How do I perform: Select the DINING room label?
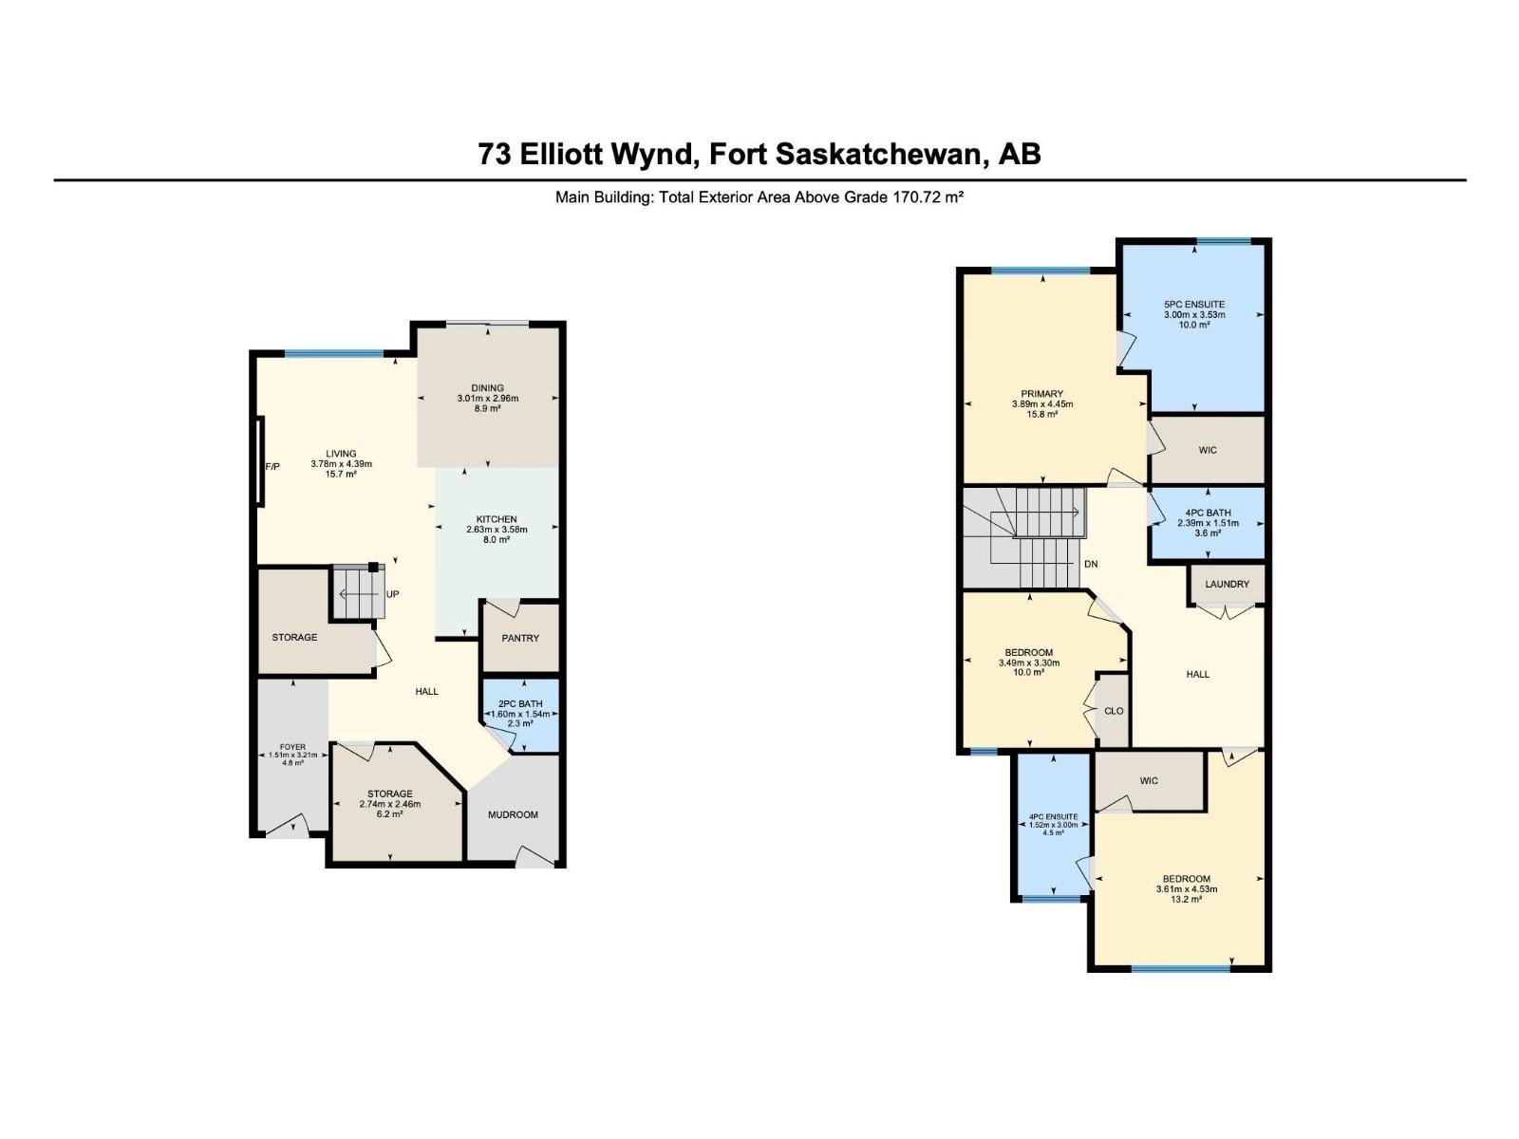click(x=487, y=387)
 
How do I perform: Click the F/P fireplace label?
click(x=272, y=466)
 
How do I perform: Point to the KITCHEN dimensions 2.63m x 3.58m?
click(x=497, y=530)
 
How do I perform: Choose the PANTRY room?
click(x=520, y=638)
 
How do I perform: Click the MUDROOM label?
click(x=513, y=814)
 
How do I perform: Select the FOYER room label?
click(x=292, y=747)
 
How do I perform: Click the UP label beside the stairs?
click(x=392, y=594)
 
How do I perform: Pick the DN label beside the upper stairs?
click(x=1091, y=564)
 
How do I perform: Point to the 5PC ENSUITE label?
click(x=1194, y=305)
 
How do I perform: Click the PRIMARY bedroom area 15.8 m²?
click(x=1042, y=414)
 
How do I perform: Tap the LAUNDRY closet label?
click(x=1228, y=584)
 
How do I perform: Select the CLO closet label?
click(x=1114, y=711)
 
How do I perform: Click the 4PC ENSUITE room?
click(x=1053, y=824)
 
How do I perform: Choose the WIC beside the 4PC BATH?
click(x=1207, y=450)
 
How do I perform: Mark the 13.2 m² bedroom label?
click(x=1186, y=899)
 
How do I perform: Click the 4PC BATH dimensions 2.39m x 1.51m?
click(x=1208, y=523)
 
